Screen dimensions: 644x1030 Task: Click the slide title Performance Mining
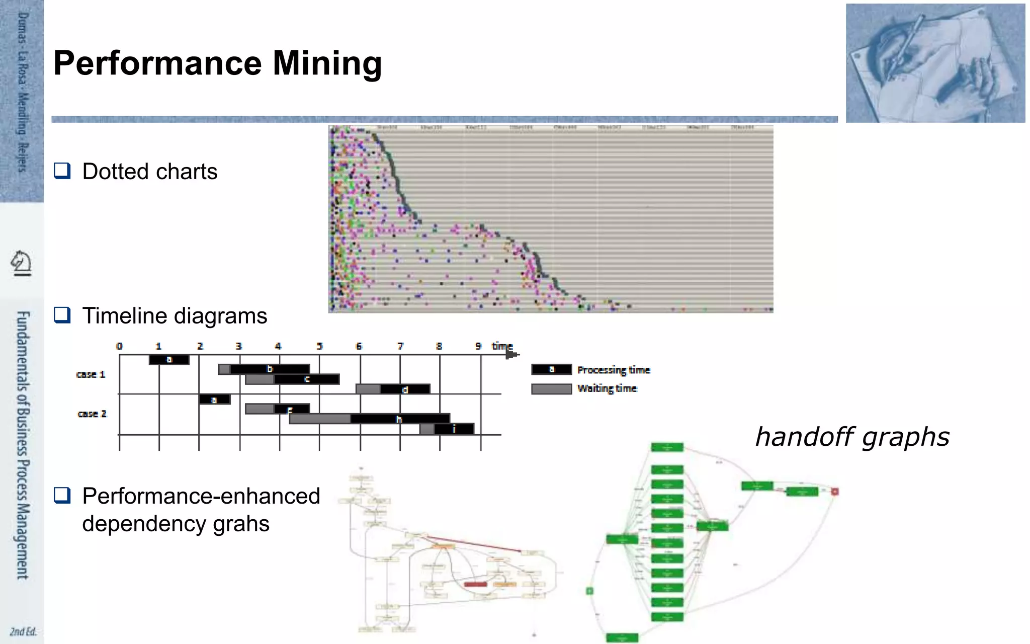pyautogui.click(x=217, y=63)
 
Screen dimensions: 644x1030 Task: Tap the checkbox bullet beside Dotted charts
pyautogui.click(x=62, y=171)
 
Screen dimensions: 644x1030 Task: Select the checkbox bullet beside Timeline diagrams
pyautogui.click(x=62, y=315)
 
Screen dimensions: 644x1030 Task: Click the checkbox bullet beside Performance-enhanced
pyautogui.click(x=62, y=495)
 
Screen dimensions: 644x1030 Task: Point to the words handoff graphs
pyautogui.click(x=852, y=437)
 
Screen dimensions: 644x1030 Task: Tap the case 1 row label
pyautogui.click(x=91, y=374)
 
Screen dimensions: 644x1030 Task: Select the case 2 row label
pyautogui.click(x=92, y=414)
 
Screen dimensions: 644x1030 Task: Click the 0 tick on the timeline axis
pyautogui.click(x=119, y=346)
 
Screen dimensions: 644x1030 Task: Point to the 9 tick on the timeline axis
pyautogui.click(x=478, y=346)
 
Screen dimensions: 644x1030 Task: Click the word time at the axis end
pyautogui.click(x=502, y=346)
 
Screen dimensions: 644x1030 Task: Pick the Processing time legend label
pyautogui.click(x=614, y=370)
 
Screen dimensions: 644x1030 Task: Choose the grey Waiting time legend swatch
pyautogui.click(x=551, y=389)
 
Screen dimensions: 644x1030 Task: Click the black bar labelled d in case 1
pyautogui.click(x=405, y=389)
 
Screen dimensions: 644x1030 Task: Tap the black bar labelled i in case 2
pyautogui.click(x=454, y=429)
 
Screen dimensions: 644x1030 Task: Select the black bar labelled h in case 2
pyautogui.click(x=400, y=419)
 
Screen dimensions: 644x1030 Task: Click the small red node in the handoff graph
pyautogui.click(x=835, y=491)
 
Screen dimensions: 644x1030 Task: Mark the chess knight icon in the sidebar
pyautogui.click(x=21, y=263)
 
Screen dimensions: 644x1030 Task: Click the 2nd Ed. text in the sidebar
pyautogui.click(x=23, y=631)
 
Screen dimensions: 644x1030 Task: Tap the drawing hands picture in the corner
pyautogui.click(x=935, y=63)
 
